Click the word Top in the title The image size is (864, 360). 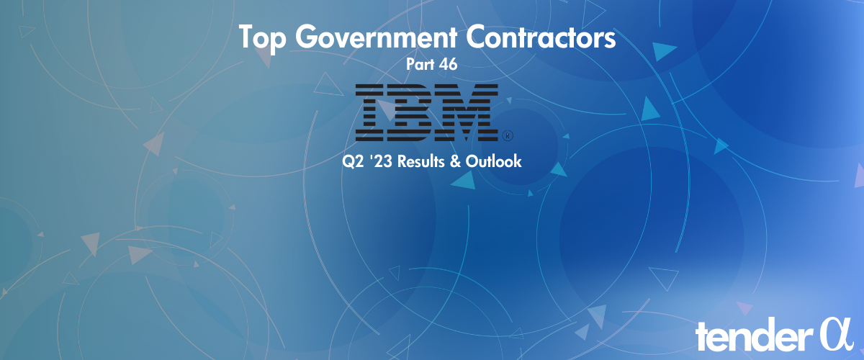coord(261,38)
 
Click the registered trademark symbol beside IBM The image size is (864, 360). coord(506,135)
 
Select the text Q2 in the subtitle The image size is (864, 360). coord(353,162)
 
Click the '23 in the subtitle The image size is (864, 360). coord(379,162)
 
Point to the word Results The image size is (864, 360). coord(420,162)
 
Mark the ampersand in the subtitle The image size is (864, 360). coord(456,162)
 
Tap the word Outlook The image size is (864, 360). coord(493,162)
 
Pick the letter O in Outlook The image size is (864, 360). coord(472,162)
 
